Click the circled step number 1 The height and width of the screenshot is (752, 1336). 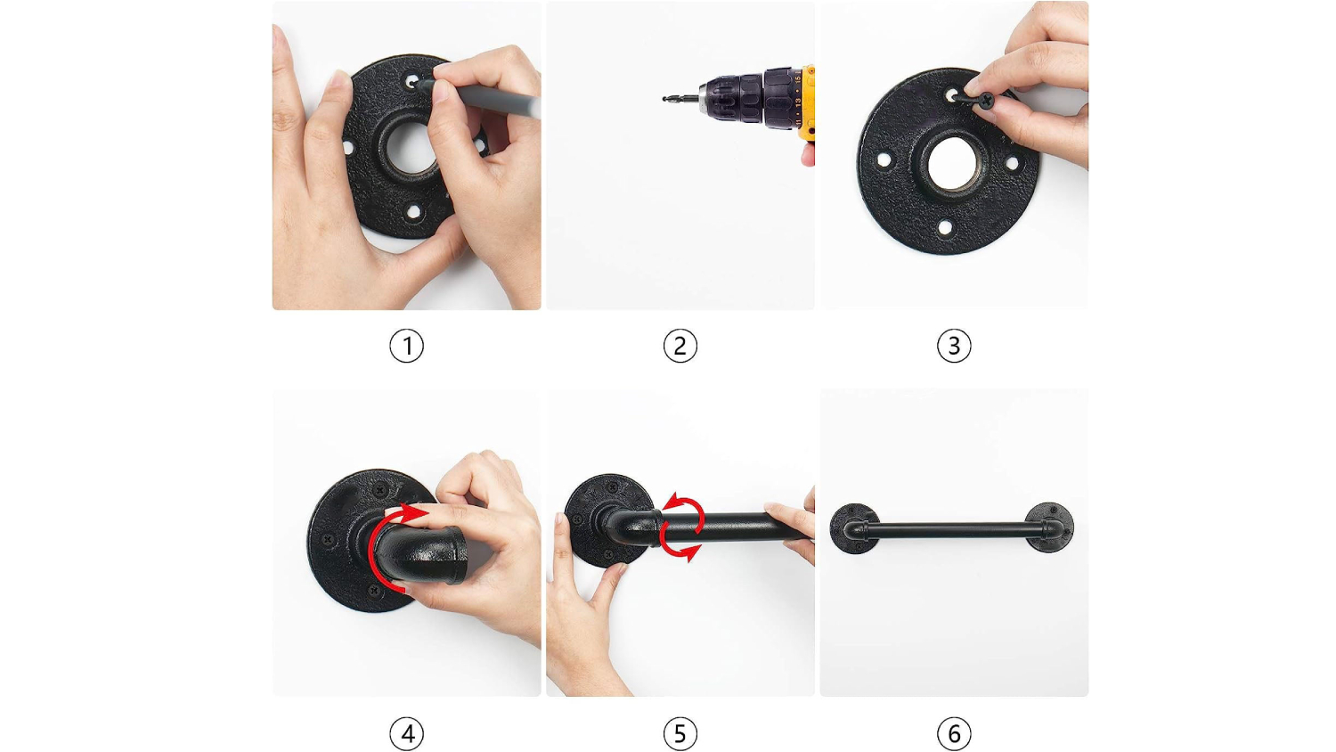pos(407,346)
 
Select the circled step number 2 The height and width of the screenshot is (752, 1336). pos(680,346)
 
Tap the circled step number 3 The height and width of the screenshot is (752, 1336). pos(954,346)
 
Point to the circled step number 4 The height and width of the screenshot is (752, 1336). pos(407,733)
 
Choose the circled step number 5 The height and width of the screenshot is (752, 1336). pos(680,733)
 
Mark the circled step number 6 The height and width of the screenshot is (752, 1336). pos(954,733)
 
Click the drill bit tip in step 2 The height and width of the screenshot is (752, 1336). pos(664,99)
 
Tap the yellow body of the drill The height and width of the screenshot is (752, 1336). pos(807,102)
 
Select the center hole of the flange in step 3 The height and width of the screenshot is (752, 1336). pos(952,164)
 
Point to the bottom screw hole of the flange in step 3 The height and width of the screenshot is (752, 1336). pos(945,227)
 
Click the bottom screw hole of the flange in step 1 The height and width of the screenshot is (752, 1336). pos(412,212)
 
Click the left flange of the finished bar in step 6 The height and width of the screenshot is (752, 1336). pos(854,528)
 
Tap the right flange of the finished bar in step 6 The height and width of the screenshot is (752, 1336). pos(1049,527)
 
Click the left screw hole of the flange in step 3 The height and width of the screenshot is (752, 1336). pos(884,160)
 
